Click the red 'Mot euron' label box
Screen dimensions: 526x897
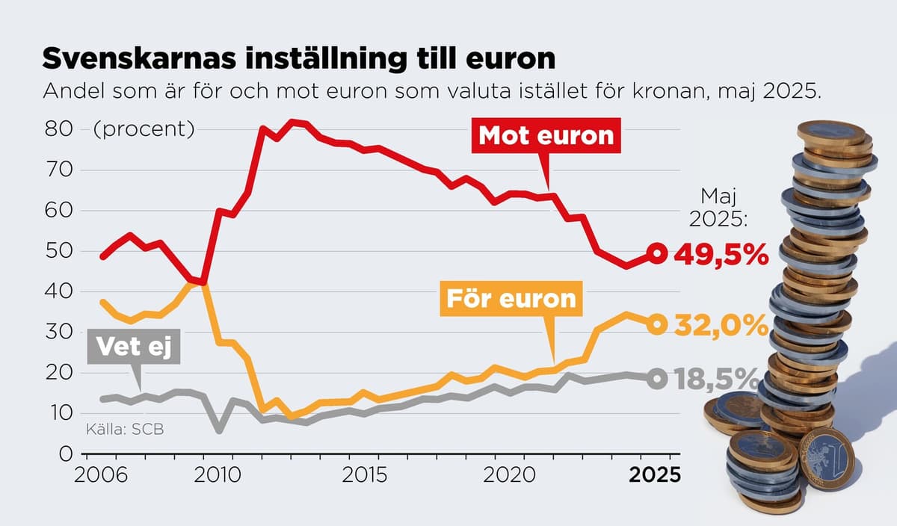[546, 135]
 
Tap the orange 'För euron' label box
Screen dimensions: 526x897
[511, 298]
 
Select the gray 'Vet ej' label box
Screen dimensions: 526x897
[134, 348]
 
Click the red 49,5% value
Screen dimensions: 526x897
[721, 255]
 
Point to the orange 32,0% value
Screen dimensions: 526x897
[721, 325]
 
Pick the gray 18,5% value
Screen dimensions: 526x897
[721, 380]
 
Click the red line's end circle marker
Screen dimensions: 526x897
[656, 253]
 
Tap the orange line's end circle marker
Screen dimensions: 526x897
[656, 324]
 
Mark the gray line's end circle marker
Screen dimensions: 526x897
[656, 379]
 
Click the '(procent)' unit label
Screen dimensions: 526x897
[144, 129]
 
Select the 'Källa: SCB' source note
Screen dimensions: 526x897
[124, 429]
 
